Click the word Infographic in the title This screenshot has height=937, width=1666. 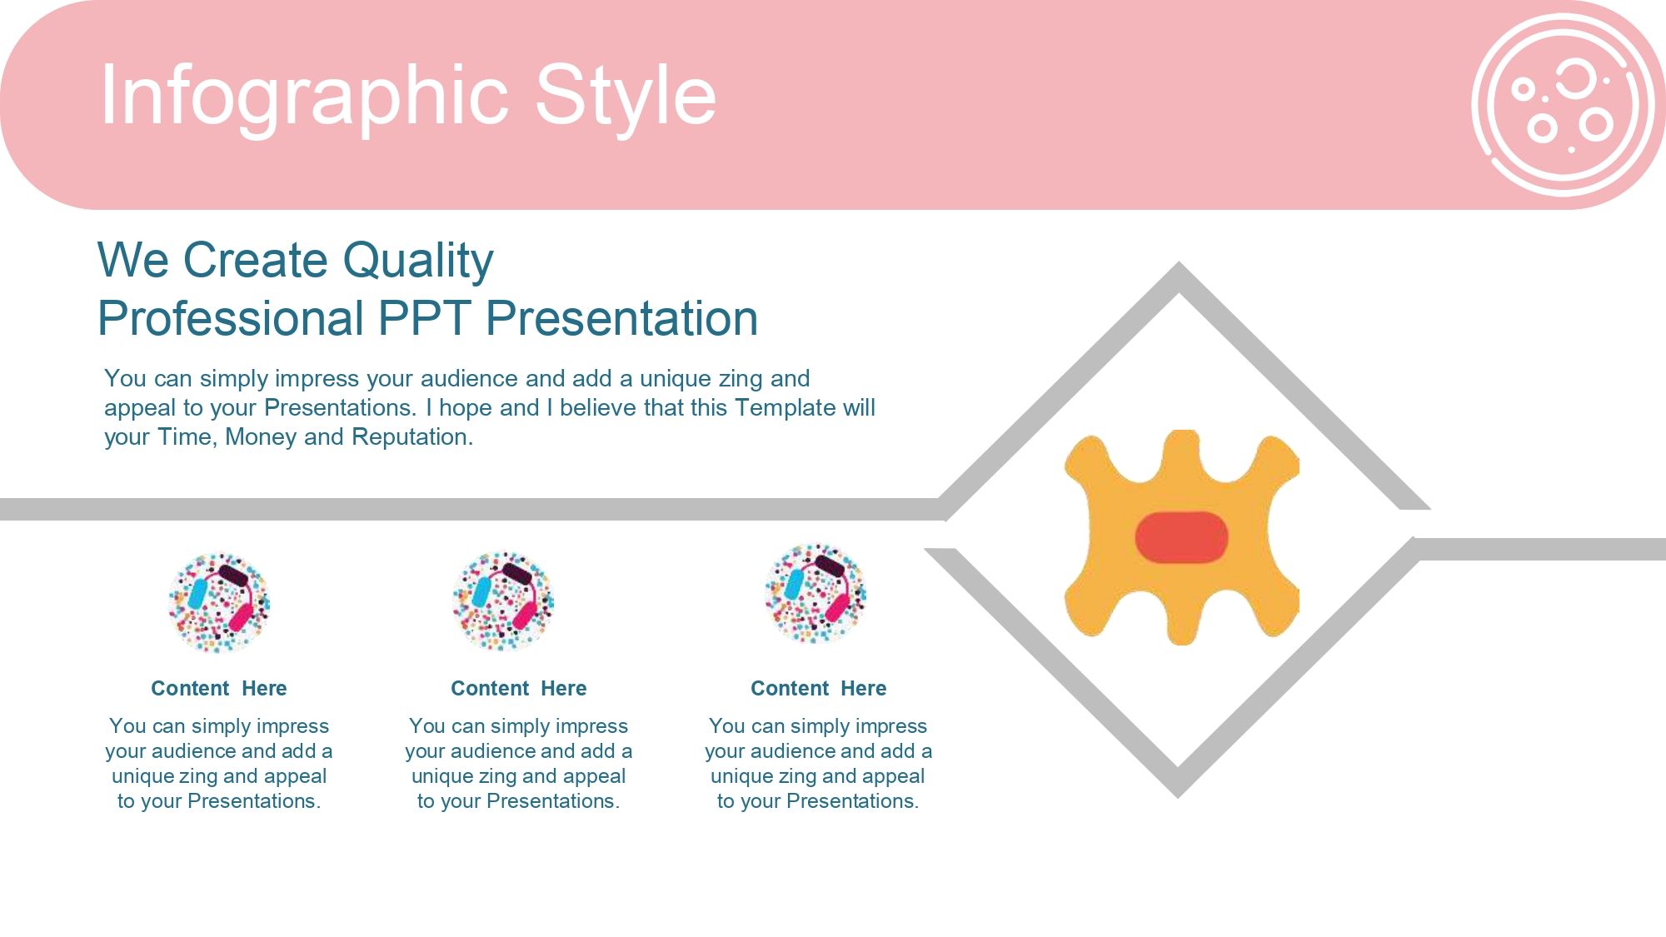coord(305,98)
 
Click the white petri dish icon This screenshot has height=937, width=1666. coord(1564,105)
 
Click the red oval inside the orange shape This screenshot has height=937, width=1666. coord(1181,537)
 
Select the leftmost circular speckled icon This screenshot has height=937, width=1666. coord(219,602)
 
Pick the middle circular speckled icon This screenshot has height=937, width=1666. coord(503,601)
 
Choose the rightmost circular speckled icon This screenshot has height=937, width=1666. coord(816,594)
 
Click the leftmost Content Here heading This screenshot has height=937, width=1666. coord(219,689)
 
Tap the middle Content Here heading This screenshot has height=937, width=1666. coord(519,689)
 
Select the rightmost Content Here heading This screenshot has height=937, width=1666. coord(819,689)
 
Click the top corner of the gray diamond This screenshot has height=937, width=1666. coord(1178,265)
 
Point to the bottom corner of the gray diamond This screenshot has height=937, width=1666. coord(1178,796)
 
